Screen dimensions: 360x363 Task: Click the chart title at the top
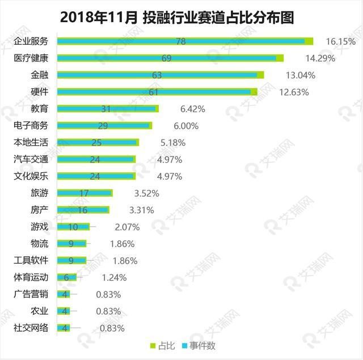click(181, 18)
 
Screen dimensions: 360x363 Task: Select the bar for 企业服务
click(185, 41)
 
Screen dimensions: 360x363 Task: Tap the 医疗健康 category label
click(31, 58)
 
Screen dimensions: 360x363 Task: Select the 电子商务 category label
click(31, 125)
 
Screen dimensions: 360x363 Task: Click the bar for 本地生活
click(98, 142)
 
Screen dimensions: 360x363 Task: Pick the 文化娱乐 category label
click(31, 176)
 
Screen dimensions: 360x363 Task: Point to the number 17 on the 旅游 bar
click(84, 193)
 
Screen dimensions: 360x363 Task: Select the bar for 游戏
click(74, 227)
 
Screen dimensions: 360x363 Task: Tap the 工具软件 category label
click(31, 260)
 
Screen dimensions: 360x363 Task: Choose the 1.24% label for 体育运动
click(114, 277)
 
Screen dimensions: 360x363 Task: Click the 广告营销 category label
click(31, 294)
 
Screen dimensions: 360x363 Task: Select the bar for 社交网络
click(64, 328)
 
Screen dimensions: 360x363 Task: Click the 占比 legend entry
click(162, 345)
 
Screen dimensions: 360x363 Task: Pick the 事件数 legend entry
click(199, 345)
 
